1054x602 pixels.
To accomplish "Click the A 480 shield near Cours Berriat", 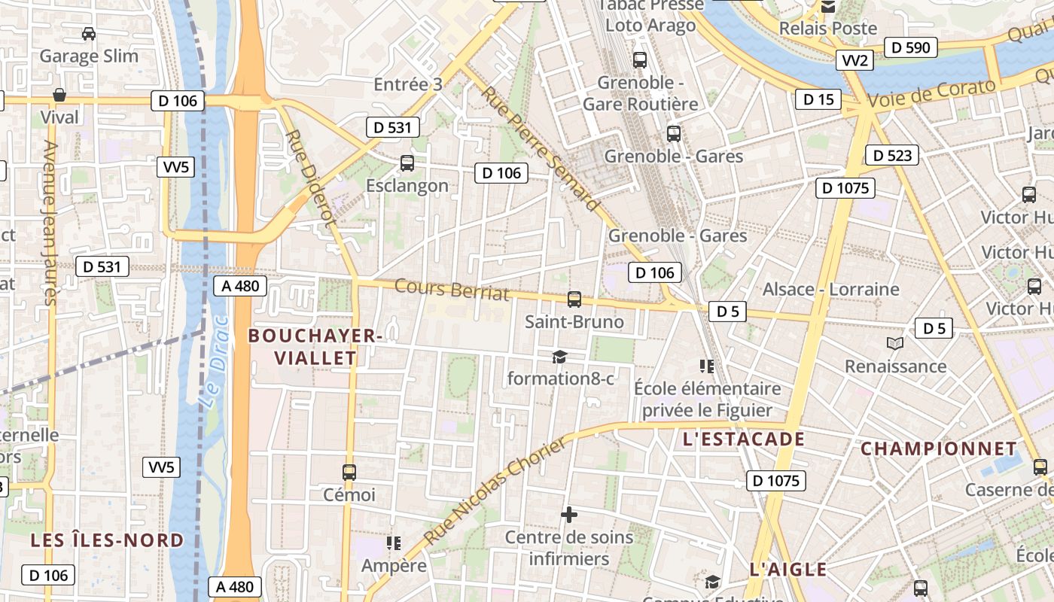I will coord(241,285).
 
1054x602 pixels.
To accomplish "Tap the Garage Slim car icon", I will coord(89,34).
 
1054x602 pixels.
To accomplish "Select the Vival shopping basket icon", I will coord(59,95).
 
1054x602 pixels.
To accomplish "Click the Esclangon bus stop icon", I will coord(407,163).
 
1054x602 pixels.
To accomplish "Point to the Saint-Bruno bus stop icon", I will coord(574,299).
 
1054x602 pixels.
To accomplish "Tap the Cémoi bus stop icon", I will coord(349,473).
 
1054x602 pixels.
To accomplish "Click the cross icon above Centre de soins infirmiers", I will coord(569,515).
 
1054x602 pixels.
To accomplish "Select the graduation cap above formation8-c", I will coord(559,357).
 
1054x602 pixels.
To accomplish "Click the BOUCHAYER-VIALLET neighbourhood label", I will coord(315,347).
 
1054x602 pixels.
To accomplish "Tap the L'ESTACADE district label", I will coord(744,439).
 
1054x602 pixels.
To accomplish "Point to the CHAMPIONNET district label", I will coord(939,449).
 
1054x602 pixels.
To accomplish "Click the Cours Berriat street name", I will coord(452,290).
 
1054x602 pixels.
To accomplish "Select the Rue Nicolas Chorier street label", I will coord(495,491).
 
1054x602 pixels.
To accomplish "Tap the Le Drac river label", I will coord(215,361).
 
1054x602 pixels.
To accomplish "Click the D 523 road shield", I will coord(893,156).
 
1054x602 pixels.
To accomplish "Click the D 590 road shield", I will coord(910,47).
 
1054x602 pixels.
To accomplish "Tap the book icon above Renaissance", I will coord(894,344).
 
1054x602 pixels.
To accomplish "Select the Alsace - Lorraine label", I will coord(830,290).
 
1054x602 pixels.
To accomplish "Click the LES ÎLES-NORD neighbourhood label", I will coord(107,540).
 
